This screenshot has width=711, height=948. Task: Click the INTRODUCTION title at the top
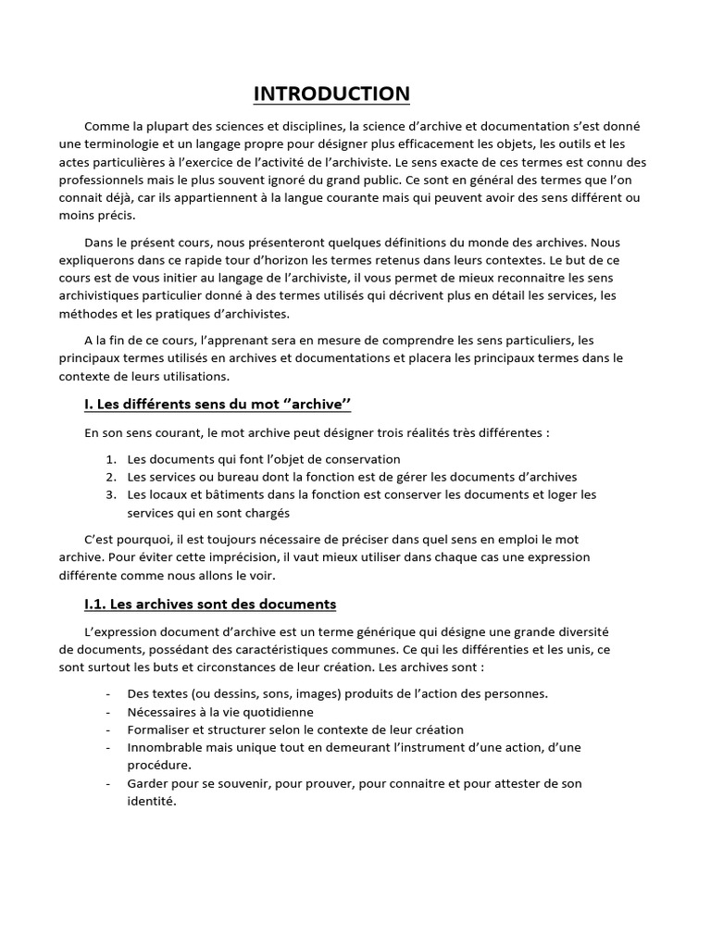tap(331, 94)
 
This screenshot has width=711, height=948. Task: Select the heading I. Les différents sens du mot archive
tap(218, 405)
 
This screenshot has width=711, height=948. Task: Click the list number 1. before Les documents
tap(110, 459)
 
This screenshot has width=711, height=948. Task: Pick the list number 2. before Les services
tap(110, 477)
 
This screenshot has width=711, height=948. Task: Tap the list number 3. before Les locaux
tap(110, 494)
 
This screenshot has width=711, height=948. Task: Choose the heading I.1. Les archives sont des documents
tap(209, 605)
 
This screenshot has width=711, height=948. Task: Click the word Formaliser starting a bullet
tap(159, 730)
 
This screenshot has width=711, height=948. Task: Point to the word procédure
tap(159, 765)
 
